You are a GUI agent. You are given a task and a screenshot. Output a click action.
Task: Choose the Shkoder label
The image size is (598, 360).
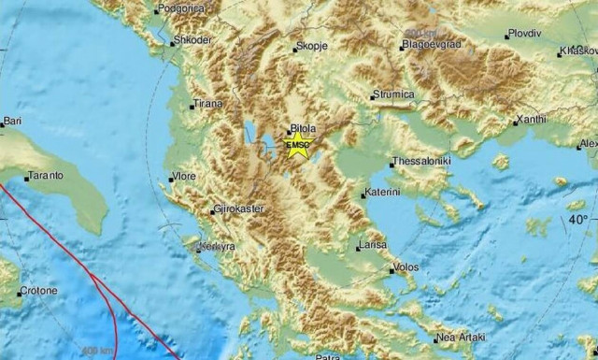coord(192,40)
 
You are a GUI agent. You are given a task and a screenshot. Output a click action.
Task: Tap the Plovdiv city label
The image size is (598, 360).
coord(525,36)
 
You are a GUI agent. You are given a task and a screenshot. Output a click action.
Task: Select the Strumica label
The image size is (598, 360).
coord(393,94)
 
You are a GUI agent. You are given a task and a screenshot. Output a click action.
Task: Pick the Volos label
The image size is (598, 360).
coord(407,266)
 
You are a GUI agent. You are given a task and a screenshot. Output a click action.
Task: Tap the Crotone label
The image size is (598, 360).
coord(39,291)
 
